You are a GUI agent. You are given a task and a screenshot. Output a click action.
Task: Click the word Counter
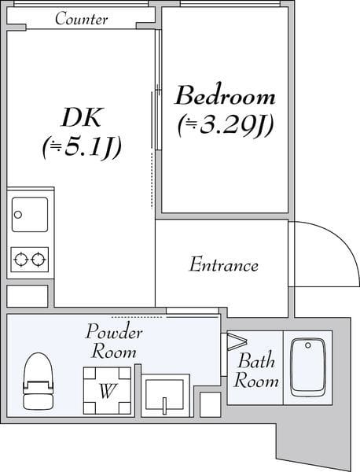(81, 19)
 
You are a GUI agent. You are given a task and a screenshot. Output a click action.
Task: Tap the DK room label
(81, 117)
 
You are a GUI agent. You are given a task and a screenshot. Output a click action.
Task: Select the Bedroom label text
(225, 95)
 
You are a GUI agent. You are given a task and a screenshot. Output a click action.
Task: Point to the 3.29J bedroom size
(226, 125)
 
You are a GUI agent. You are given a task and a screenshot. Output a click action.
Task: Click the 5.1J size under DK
(82, 148)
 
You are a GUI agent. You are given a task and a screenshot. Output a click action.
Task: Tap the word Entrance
(223, 265)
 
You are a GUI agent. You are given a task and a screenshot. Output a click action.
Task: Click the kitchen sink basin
(30, 214)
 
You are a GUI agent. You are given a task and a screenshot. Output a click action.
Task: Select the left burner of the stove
(21, 259)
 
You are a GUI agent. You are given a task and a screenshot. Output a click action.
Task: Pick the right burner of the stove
(39, 259)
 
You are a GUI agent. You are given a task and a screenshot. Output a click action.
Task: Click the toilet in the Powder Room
(39, 381)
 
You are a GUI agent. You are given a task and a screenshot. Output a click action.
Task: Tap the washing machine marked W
(107, 390)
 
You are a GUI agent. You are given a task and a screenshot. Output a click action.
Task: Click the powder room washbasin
(164, 395)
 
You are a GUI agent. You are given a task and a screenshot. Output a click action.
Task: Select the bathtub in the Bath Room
(308, 367)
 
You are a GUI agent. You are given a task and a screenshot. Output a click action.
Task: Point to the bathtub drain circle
(307, 345)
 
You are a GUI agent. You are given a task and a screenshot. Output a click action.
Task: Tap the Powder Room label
(114, 341)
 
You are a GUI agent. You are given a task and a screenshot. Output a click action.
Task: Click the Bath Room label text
(255, 370)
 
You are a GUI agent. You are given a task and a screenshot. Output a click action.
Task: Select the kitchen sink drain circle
(18, 215)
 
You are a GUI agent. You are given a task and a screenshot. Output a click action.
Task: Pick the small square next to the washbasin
(210, 404)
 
